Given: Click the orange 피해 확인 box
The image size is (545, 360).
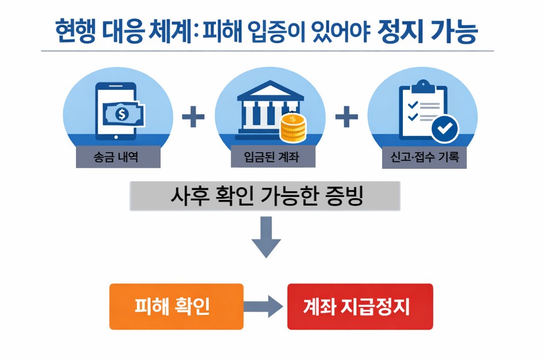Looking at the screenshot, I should [176, 306].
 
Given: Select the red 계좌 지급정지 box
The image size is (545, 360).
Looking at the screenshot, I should [360, 306].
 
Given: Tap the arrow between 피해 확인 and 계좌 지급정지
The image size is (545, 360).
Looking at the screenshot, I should [264, 306].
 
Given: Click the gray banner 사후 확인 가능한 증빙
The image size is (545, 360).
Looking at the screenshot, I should [265, 197].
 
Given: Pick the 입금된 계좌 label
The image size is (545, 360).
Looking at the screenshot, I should [265, 157].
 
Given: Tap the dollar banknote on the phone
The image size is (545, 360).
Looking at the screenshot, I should [123, 113].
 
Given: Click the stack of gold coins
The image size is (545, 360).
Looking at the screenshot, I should [294, 127].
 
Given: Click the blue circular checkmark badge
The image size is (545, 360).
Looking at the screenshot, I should [444, 129].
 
